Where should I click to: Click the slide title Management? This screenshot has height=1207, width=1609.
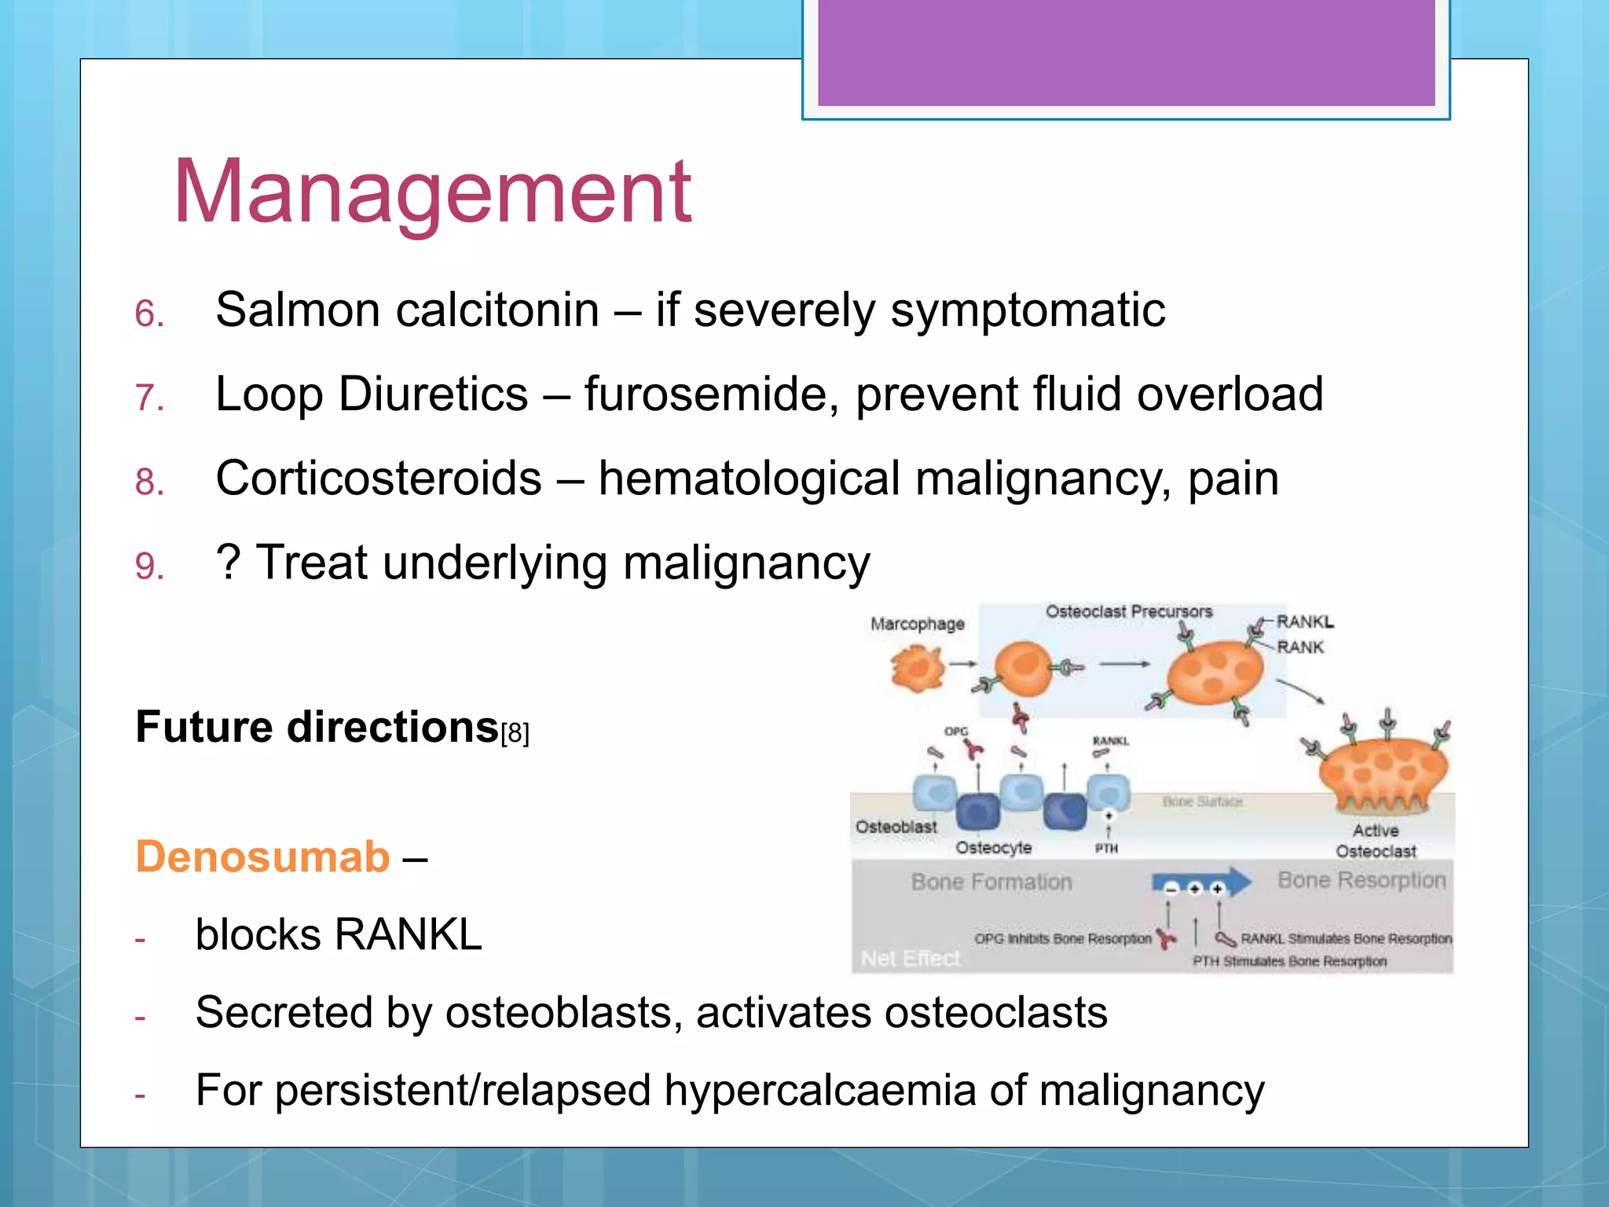tap(432, 193)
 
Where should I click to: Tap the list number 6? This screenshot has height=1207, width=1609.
tap(148, 314)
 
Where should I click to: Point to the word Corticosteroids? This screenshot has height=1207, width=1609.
tap(379, 479)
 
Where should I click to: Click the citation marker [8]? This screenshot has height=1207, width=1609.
tap(515, 734)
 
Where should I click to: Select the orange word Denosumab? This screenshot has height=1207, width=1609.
tap(262, 857)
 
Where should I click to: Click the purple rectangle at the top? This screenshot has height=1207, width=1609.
tap(1126, 52)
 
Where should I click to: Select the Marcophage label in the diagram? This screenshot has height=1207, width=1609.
tap(917, 624)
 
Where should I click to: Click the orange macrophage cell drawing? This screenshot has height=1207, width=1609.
tap(917, 670)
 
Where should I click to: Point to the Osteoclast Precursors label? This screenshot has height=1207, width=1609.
tap(1128, 611)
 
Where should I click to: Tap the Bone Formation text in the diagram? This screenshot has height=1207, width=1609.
tap(991, 882)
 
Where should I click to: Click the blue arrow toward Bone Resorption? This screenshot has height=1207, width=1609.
tap(1201, 882)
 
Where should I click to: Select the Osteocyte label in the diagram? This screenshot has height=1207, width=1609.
tap(993, 848)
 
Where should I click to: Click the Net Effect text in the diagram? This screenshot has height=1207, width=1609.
tap(911, 959)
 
